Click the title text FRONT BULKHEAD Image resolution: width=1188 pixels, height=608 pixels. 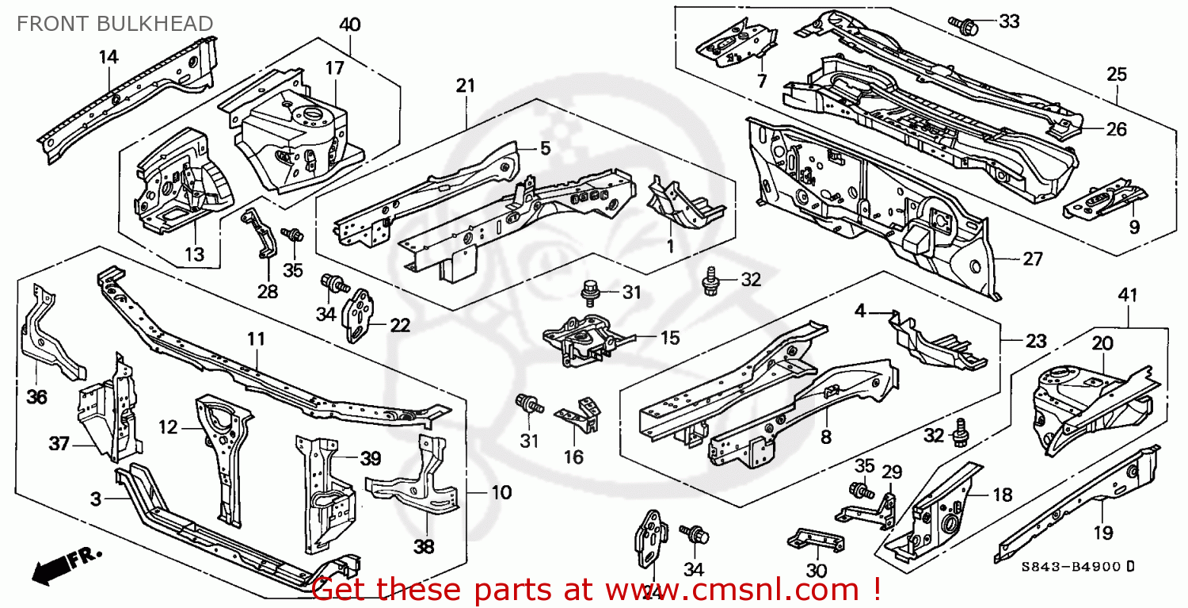coord(115,24)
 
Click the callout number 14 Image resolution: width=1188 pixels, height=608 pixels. coord(109,56)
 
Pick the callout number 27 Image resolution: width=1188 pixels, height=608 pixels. coord(1032,259)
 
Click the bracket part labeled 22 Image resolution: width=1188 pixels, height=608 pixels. coord(360,315)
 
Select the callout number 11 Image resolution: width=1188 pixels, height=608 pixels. coord(255,339)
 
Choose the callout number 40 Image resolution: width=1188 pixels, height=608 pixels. coord(349,25)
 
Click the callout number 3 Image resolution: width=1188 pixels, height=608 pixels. coord(96,499)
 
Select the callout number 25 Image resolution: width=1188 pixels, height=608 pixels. coord(1117,75)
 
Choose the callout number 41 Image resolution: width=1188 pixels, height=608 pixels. coord(1127,295)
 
